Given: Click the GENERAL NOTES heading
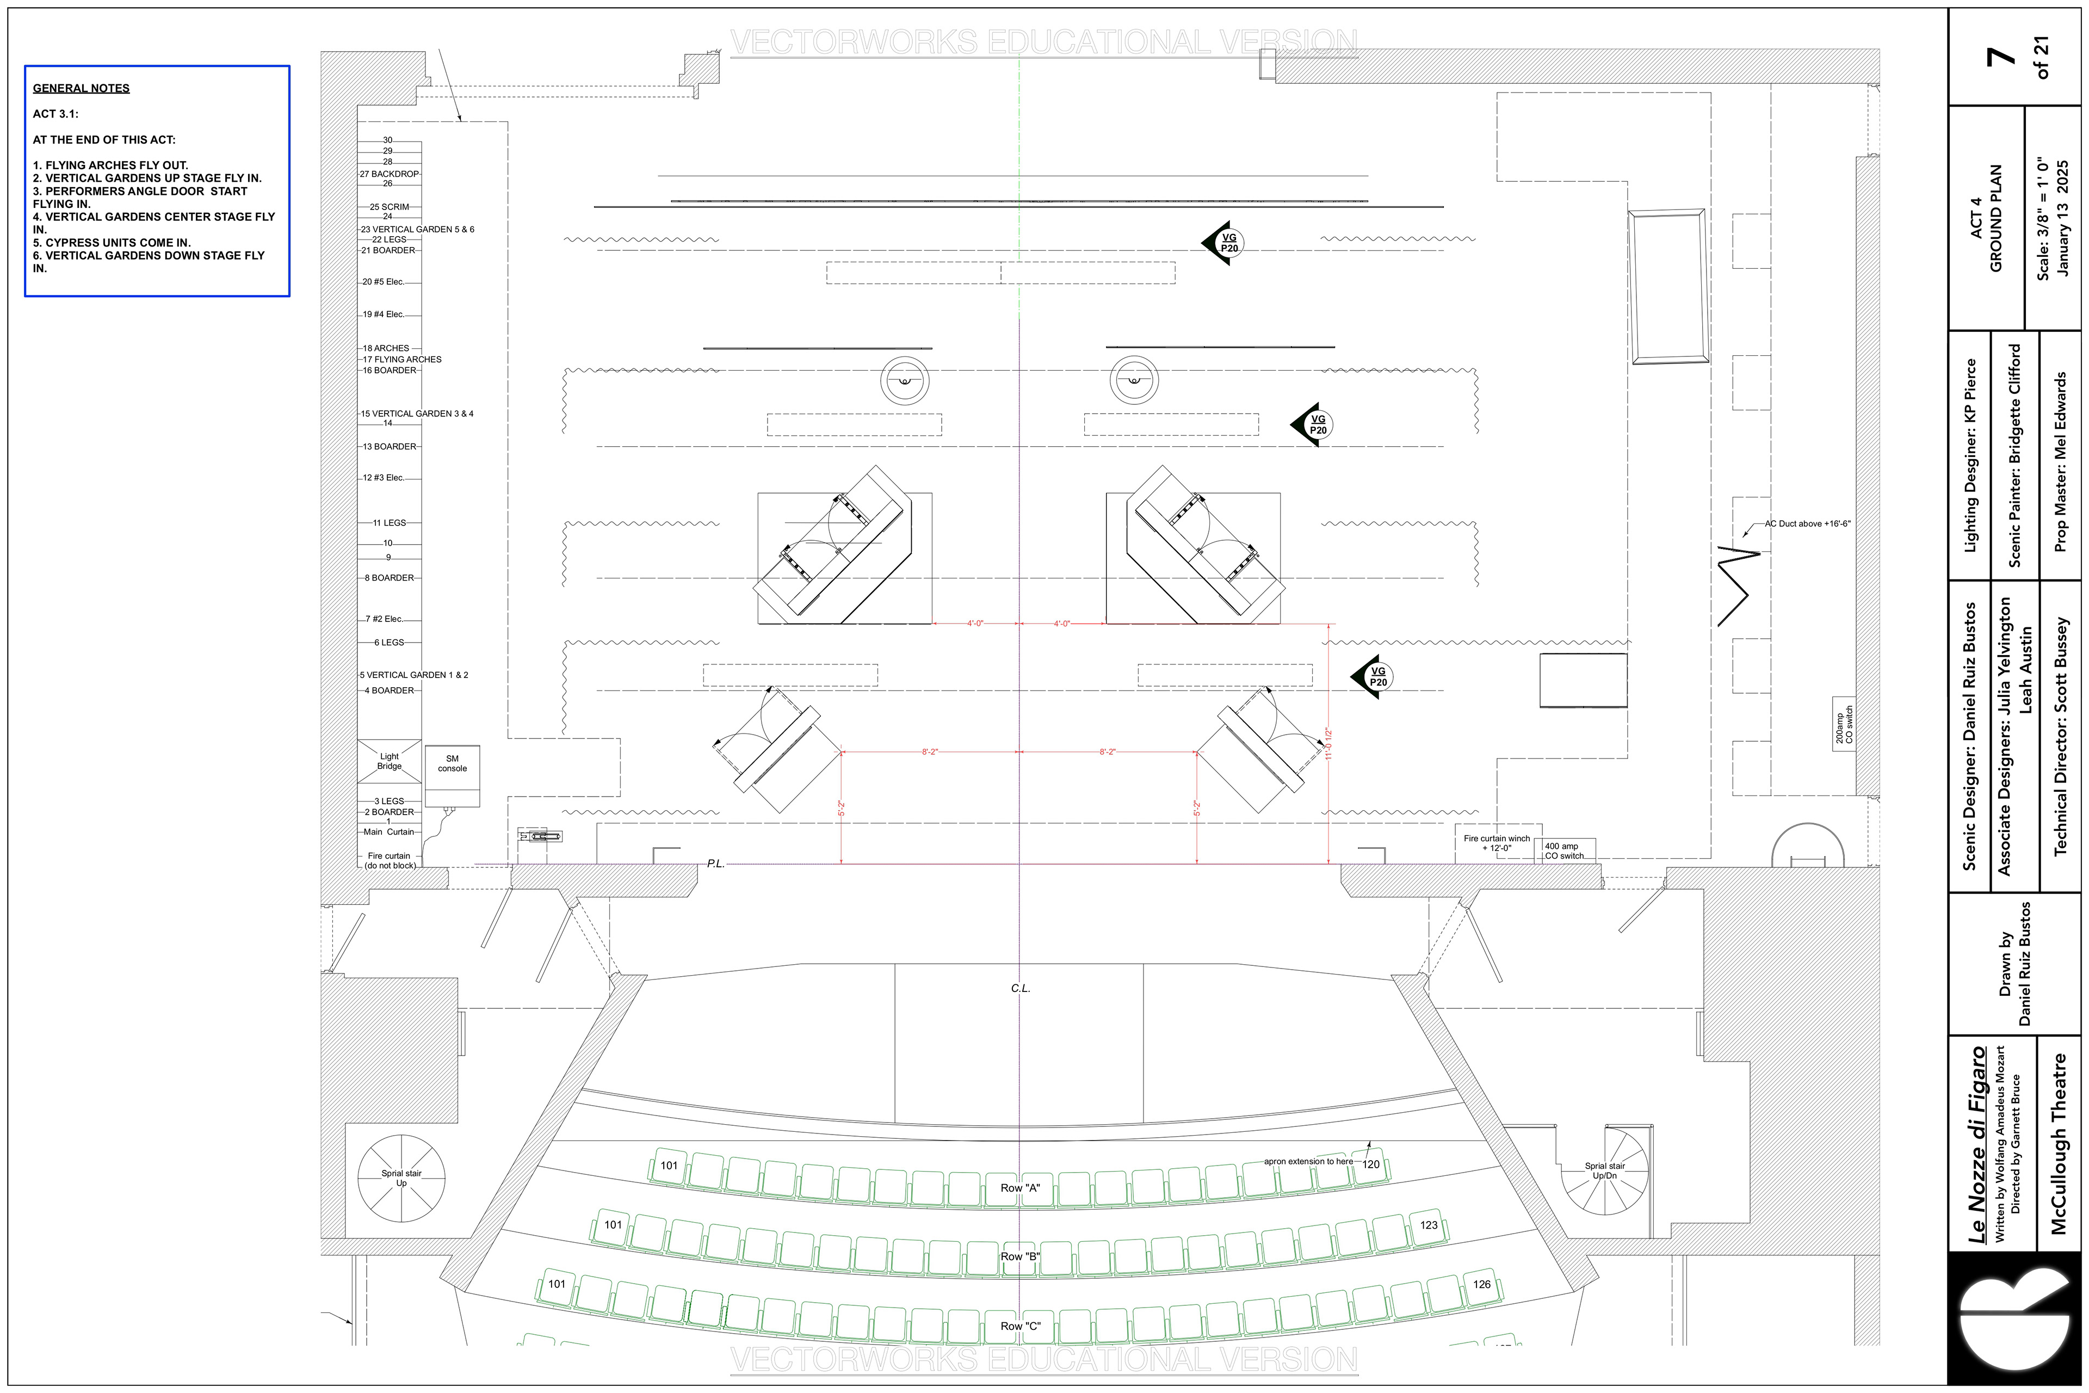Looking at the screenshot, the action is [x=81, y=88].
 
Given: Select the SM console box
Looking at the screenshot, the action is [x=452, y=775].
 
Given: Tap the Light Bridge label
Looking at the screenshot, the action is [x=389, y=761].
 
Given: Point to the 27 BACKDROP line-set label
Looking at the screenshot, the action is [x=389, y=174].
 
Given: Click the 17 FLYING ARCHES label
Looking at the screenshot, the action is [x=401, y=360].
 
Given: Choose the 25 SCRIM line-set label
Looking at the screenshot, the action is [x=389, y=207].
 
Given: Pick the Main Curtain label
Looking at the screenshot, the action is [x=388, y=833].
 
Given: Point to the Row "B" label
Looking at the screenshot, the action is [x=1019, y=1257].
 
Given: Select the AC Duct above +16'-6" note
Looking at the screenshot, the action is [x=1807, y=524].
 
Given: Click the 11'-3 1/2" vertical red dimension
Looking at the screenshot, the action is [x=1328, y=744].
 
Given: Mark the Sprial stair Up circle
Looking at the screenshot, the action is [x=401, y=1179].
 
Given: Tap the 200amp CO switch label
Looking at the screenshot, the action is [x=1844, y=725].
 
